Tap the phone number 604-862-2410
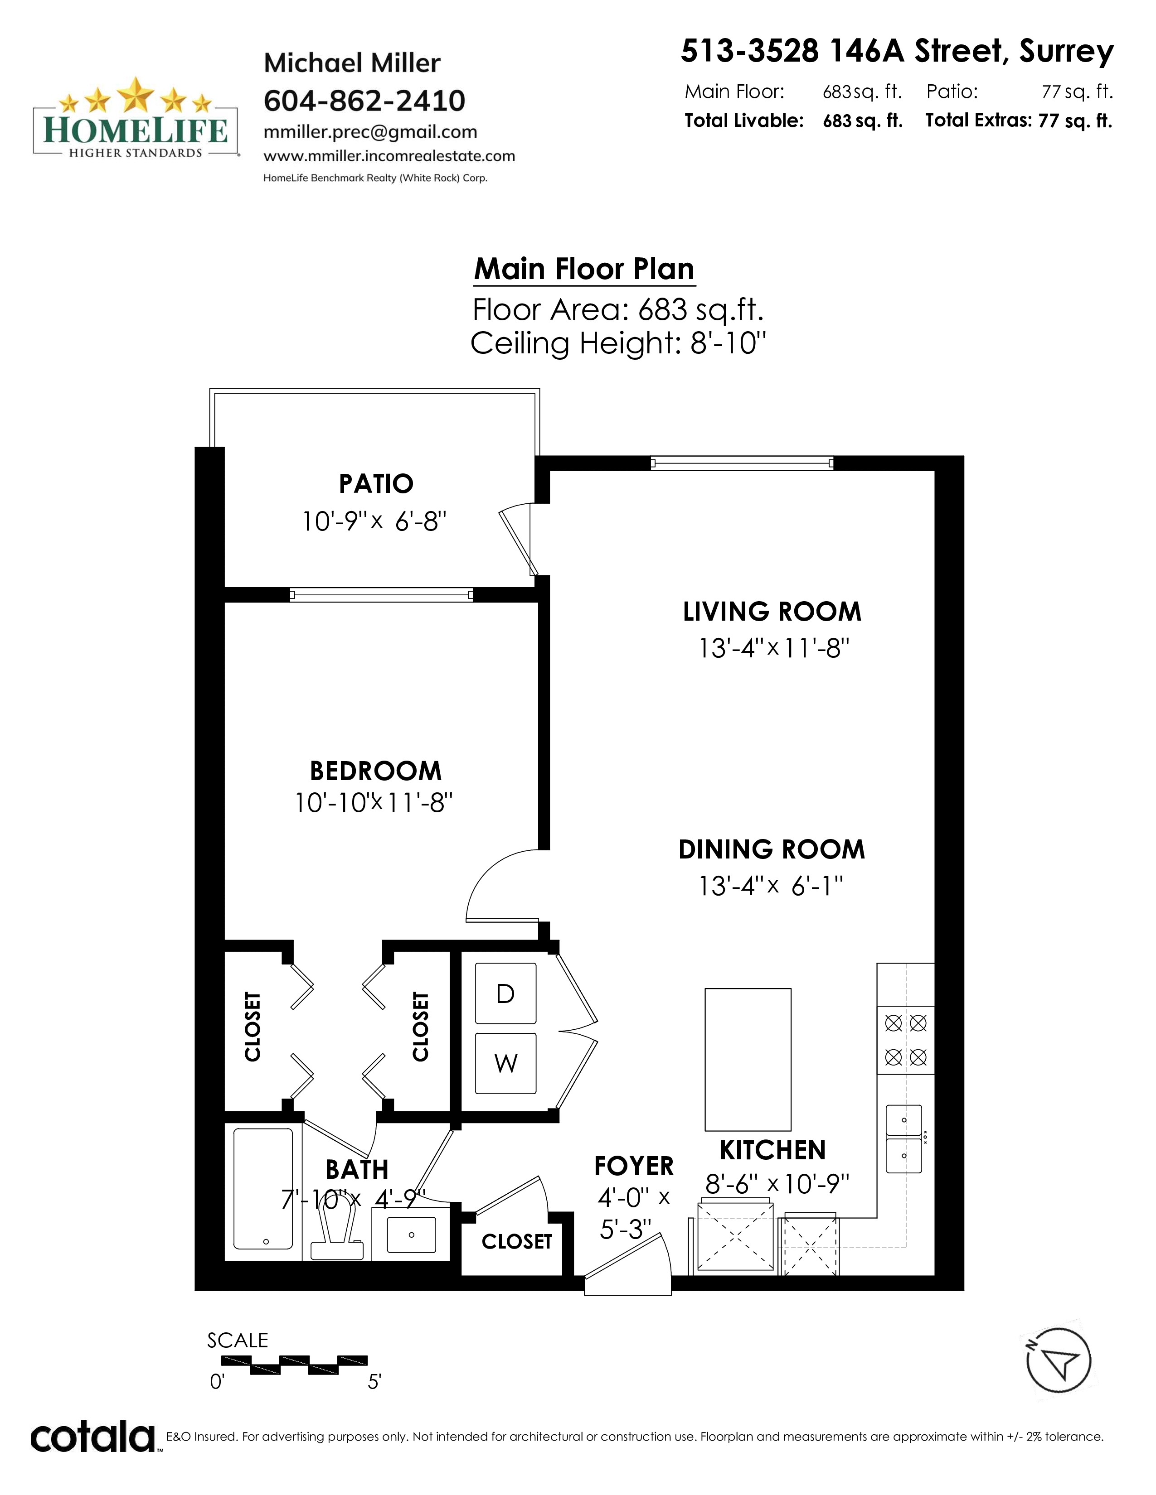[x=364, y=101]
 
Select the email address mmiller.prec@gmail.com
[x=370, y=132]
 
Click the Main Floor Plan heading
[x=584, y=269]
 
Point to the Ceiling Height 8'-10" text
[x=618, y=343]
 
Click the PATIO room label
[x=376, y=484]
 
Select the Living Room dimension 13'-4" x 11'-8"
[x=774, y=647]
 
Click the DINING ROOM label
[x=772, y=849]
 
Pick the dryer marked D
[x=505, y=993]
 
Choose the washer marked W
[x=505, y=1063]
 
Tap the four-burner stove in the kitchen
[x=905, y=1040]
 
